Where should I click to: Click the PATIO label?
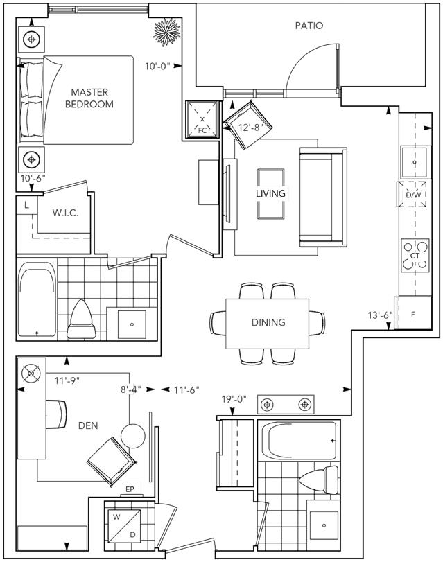(309, 26)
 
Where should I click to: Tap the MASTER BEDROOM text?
(89, 98)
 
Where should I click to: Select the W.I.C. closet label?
(65, 213)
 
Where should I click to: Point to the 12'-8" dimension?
(251, 128)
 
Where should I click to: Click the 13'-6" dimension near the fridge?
(380, 315)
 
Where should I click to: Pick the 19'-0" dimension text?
(234, 399)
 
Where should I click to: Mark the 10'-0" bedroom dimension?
(157, 67)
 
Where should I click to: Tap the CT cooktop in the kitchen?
(415, 256)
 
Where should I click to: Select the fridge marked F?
(413, 313)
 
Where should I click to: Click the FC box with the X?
(202, 120)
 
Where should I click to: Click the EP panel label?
(130, 489)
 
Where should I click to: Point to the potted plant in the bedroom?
(166, 33)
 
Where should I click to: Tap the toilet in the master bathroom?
(82, 319)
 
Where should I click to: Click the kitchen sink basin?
(415, 162)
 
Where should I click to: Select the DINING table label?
(268, 322)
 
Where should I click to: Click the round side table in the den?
(132, 436)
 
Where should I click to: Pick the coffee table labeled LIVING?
(271, 193)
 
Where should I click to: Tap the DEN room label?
(88, 425)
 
